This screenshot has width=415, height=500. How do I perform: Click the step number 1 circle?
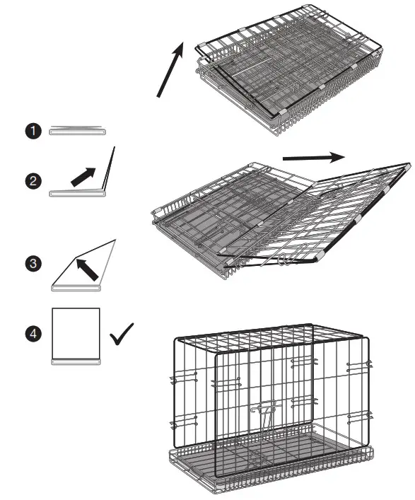coord(32,132)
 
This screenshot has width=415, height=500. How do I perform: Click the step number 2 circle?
coord(32,181)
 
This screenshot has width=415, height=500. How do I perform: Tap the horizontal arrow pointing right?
coord(313,157)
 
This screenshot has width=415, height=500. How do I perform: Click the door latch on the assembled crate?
coord(264,411)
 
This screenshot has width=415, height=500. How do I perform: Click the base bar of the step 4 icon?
coord(76,361)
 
